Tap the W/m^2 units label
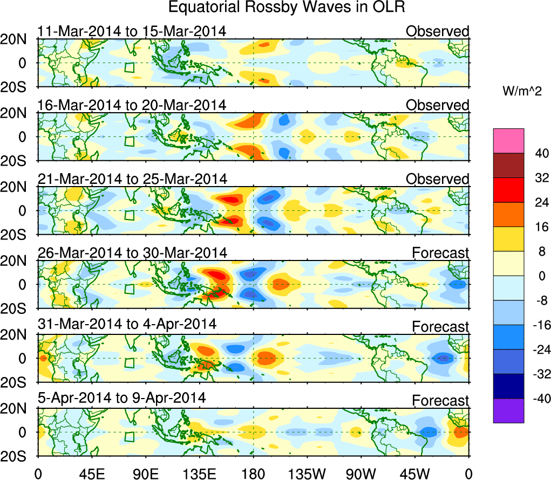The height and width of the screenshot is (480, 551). point(522,92)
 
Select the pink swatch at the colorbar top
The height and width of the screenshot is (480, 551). point(508,141)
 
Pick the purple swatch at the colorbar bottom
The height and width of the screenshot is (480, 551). point(508,411)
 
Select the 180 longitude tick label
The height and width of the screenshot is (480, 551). point(254,473)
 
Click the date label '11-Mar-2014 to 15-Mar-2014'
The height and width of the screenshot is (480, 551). point(131,31)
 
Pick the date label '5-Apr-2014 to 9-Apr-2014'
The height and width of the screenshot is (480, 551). point(122,399)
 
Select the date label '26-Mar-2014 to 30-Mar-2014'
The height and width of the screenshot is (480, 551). point(132,252)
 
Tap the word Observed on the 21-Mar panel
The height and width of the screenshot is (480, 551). point(438,179)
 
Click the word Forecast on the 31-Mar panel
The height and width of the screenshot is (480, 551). point(441,327)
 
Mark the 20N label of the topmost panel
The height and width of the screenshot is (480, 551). point(18,39)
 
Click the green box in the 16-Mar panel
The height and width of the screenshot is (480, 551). point(129,141)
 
